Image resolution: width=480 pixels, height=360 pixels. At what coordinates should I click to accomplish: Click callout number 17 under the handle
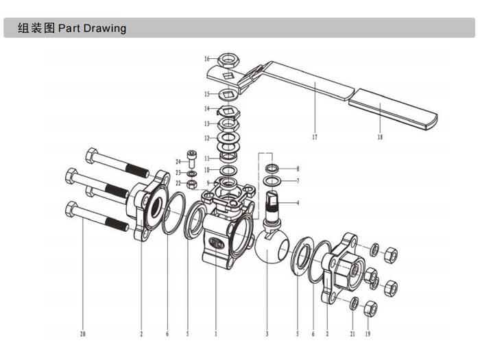tap(315, 137)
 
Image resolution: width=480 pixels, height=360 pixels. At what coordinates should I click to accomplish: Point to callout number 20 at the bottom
tap(84, 334)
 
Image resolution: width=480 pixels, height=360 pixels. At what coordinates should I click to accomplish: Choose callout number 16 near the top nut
tap(206, 59)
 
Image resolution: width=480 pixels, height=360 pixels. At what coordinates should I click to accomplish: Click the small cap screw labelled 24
tap(191, 158)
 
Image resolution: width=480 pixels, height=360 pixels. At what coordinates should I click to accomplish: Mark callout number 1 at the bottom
tap(215, 334)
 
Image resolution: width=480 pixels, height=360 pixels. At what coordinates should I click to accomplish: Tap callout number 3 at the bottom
tap(267, 334)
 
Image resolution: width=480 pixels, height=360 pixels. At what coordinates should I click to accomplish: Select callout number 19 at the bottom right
tap(367, 334)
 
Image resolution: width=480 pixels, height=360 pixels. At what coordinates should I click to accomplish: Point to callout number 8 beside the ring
tap(298, 169)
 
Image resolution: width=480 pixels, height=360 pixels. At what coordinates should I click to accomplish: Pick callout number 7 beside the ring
tap(298, 181)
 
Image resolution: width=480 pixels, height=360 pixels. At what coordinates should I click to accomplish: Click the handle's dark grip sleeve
tap(394, 113)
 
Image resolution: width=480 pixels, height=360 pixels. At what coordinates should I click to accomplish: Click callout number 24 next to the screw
tap(178, 161)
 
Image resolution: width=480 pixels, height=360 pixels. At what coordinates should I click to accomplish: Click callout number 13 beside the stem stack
tap(206, 124)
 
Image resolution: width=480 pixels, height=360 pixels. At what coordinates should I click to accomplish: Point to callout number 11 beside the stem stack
tap(206, 158)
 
